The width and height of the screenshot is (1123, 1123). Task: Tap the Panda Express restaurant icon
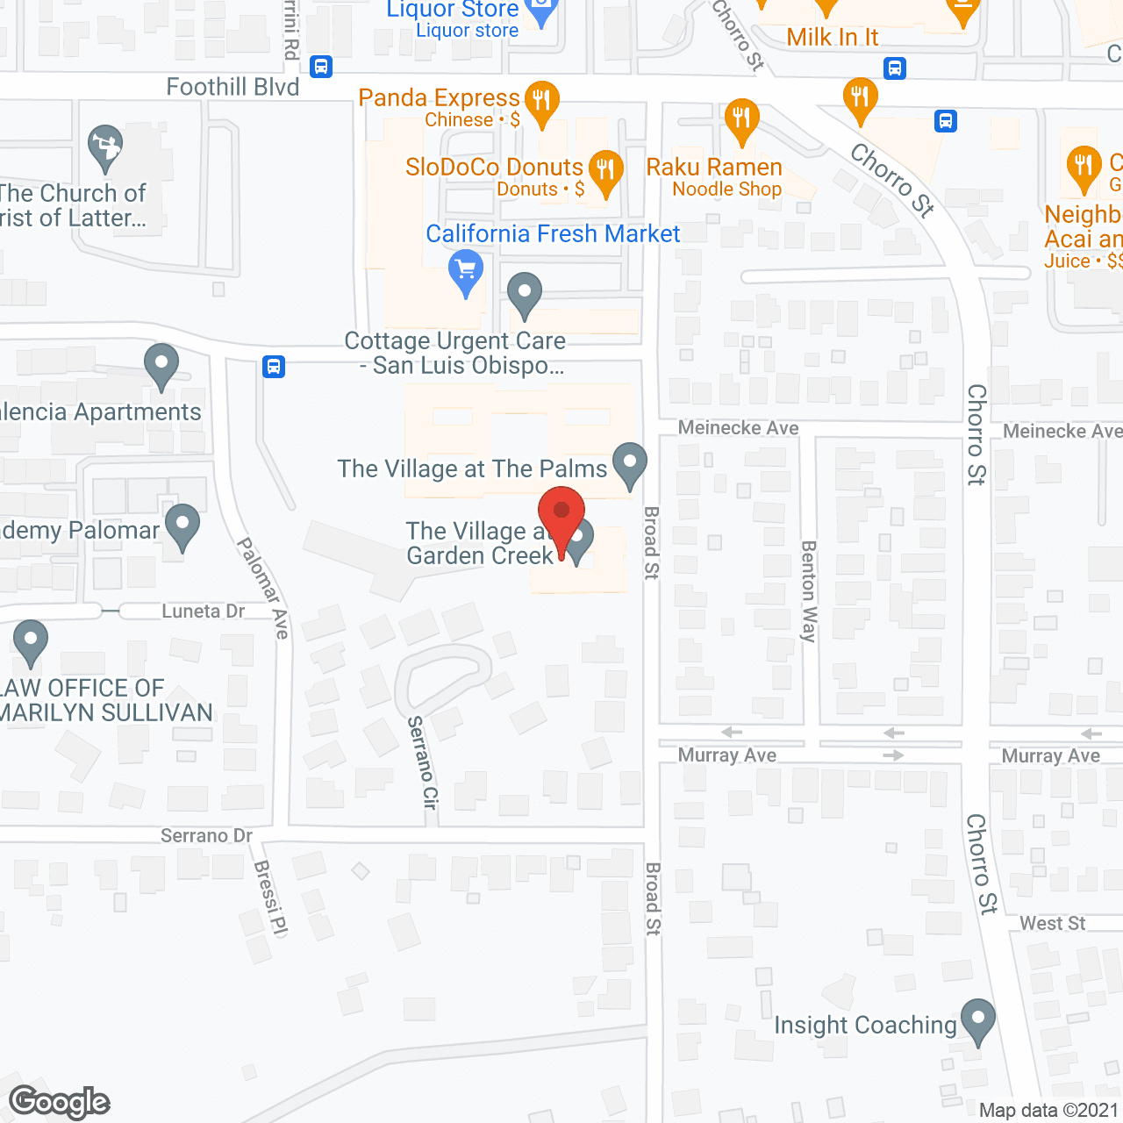click(541, 99)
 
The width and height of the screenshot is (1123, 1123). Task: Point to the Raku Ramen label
click(714, 168)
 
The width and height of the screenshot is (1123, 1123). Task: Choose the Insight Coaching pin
click(977, 1019)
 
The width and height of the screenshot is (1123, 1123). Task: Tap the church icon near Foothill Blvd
click(105, 147)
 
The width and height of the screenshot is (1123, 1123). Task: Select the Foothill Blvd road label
click(232, 87)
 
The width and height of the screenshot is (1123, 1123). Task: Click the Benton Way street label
click(809, 591)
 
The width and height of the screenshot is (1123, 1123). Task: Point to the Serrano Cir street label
click(423, 762)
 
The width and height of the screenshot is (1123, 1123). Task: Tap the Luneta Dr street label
click(203, 612)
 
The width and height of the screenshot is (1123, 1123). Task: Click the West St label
click(1052, 923)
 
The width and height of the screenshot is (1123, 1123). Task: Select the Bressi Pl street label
click(270, 898)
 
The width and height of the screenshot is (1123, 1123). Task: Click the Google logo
click(60, 1102)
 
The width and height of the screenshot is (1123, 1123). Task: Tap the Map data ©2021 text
click(1048, 1111)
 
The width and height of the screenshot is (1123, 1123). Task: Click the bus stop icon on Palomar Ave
click(274, 366)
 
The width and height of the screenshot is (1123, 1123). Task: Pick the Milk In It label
click(832, 37)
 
